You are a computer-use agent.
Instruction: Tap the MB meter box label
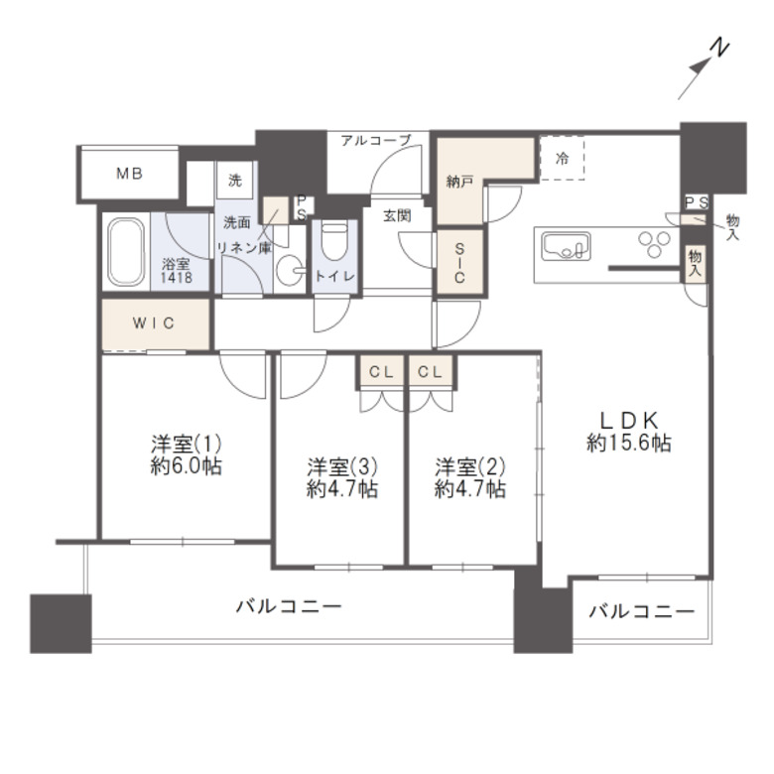coord(130,174)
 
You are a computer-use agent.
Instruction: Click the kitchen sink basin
coord(563,244)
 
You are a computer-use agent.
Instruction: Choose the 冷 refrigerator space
coord(563,158)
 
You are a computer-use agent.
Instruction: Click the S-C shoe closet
coord(461,263)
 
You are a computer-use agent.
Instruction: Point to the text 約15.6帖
coord(628,445)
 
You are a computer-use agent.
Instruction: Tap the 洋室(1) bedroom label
coord(180,443)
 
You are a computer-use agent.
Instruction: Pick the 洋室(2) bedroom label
coord(471,466)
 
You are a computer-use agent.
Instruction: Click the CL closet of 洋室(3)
coord(381,373)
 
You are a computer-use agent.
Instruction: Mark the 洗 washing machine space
coord(235,182)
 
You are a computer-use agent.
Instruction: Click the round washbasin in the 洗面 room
coord(289,272)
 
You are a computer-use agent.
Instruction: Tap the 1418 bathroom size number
coord(178,279)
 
